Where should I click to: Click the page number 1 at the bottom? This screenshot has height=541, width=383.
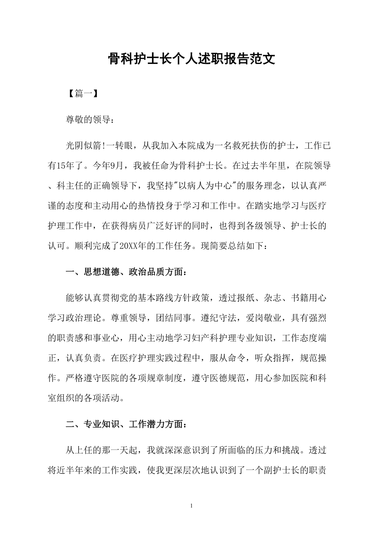(x=191, y=506)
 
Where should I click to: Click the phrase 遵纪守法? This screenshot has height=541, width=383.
(x=222, y=318)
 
